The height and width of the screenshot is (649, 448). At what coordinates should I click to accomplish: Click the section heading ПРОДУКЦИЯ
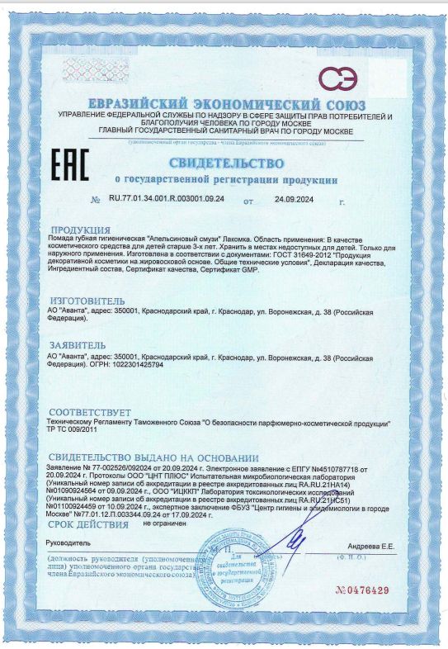80,230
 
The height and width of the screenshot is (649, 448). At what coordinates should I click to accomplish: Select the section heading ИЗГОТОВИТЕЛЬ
87,301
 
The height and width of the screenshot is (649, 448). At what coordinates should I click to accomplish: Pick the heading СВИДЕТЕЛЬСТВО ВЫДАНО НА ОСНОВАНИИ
153,457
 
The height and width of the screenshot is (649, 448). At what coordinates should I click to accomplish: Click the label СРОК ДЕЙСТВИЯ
88,525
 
